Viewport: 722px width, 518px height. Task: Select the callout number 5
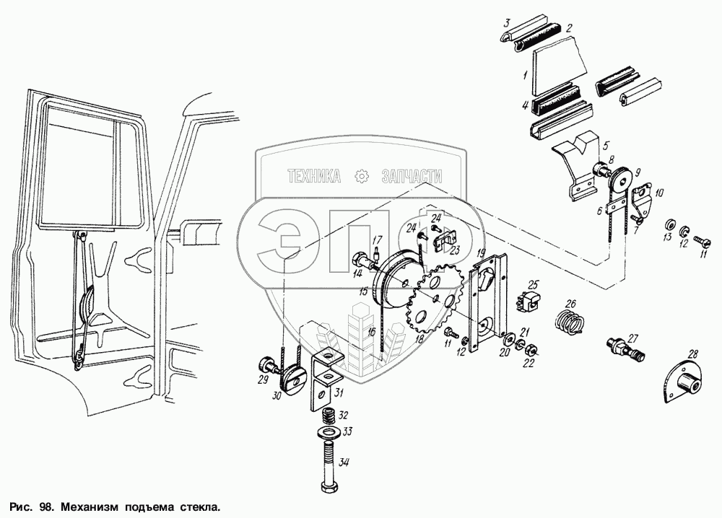click(606, 144)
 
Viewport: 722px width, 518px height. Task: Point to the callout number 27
click(633, 337)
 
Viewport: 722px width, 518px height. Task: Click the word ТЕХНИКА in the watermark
click(314, 175)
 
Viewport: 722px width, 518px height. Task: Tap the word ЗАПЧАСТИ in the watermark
click(410, 175)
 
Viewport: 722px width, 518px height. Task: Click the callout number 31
click(339, 393)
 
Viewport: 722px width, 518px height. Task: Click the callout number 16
click(370, 333)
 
